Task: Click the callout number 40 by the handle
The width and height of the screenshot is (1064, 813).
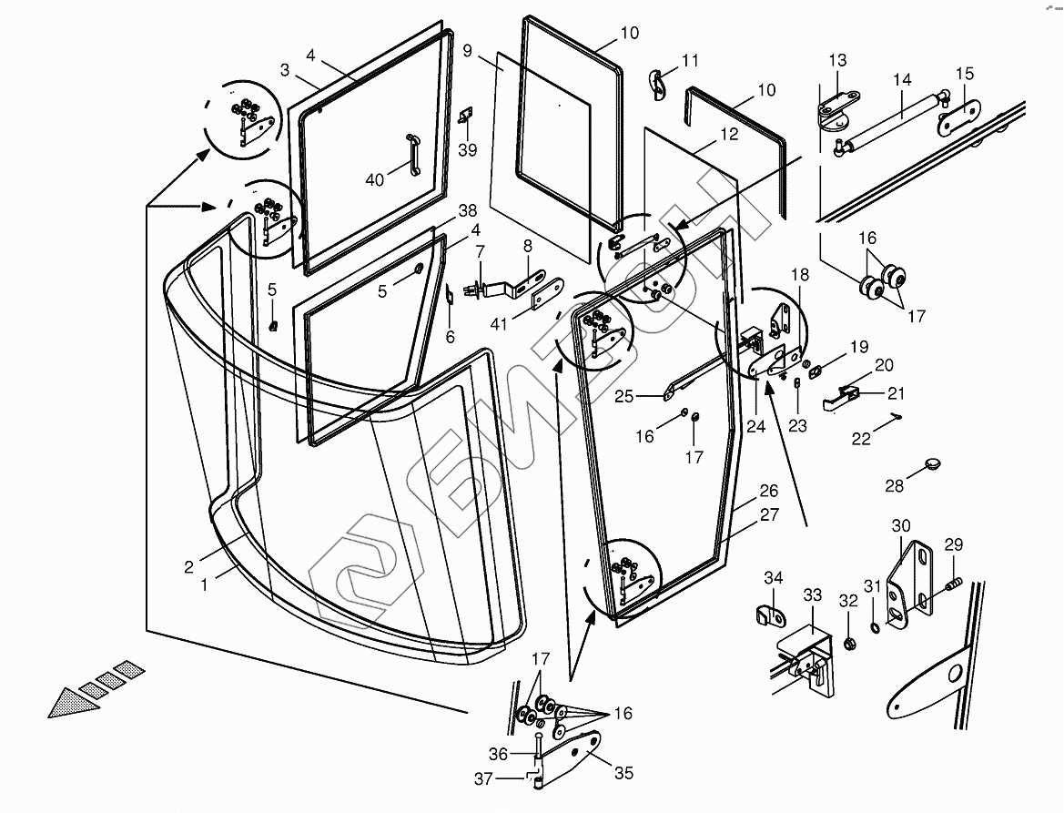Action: click(x=375, y=180)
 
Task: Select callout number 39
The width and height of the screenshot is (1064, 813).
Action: click(x=468, y=150)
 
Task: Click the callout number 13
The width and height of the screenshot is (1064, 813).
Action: click(x=838, y=60)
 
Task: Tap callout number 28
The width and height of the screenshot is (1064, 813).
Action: click(x=895, y=486)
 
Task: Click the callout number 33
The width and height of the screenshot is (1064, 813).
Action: click(x=812, y=595)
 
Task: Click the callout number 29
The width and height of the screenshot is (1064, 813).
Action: click(x=953, y=544)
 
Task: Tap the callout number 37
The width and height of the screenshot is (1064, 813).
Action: click(x=483, y=778)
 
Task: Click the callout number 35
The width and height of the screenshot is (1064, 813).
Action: click(x=623, y=773)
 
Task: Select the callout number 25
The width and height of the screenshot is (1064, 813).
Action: click(x=623, y=396)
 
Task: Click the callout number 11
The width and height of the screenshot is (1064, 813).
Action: click(x=690, y=60)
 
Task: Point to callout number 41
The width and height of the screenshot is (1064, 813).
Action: click(x=499, y=324)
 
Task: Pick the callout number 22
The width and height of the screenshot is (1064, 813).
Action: click(x=861, y=439)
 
